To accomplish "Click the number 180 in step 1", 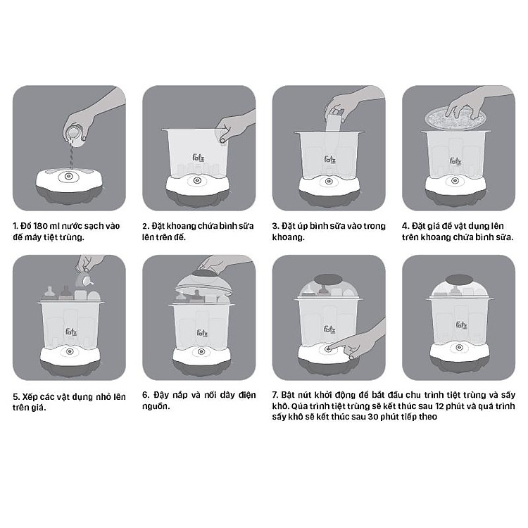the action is (40, 226).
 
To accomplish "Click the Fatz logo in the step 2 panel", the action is (199, 158).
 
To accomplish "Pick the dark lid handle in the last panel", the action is (459, 279).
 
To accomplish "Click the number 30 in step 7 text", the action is (373, 417).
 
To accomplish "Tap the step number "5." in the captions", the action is (16, 396).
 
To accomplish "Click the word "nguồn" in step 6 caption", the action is (156, 406).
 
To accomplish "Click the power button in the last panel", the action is (458, 348).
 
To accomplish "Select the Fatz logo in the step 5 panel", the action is (71, 332).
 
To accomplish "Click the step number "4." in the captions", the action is (406, 226).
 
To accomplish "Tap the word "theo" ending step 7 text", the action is (428, 417).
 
